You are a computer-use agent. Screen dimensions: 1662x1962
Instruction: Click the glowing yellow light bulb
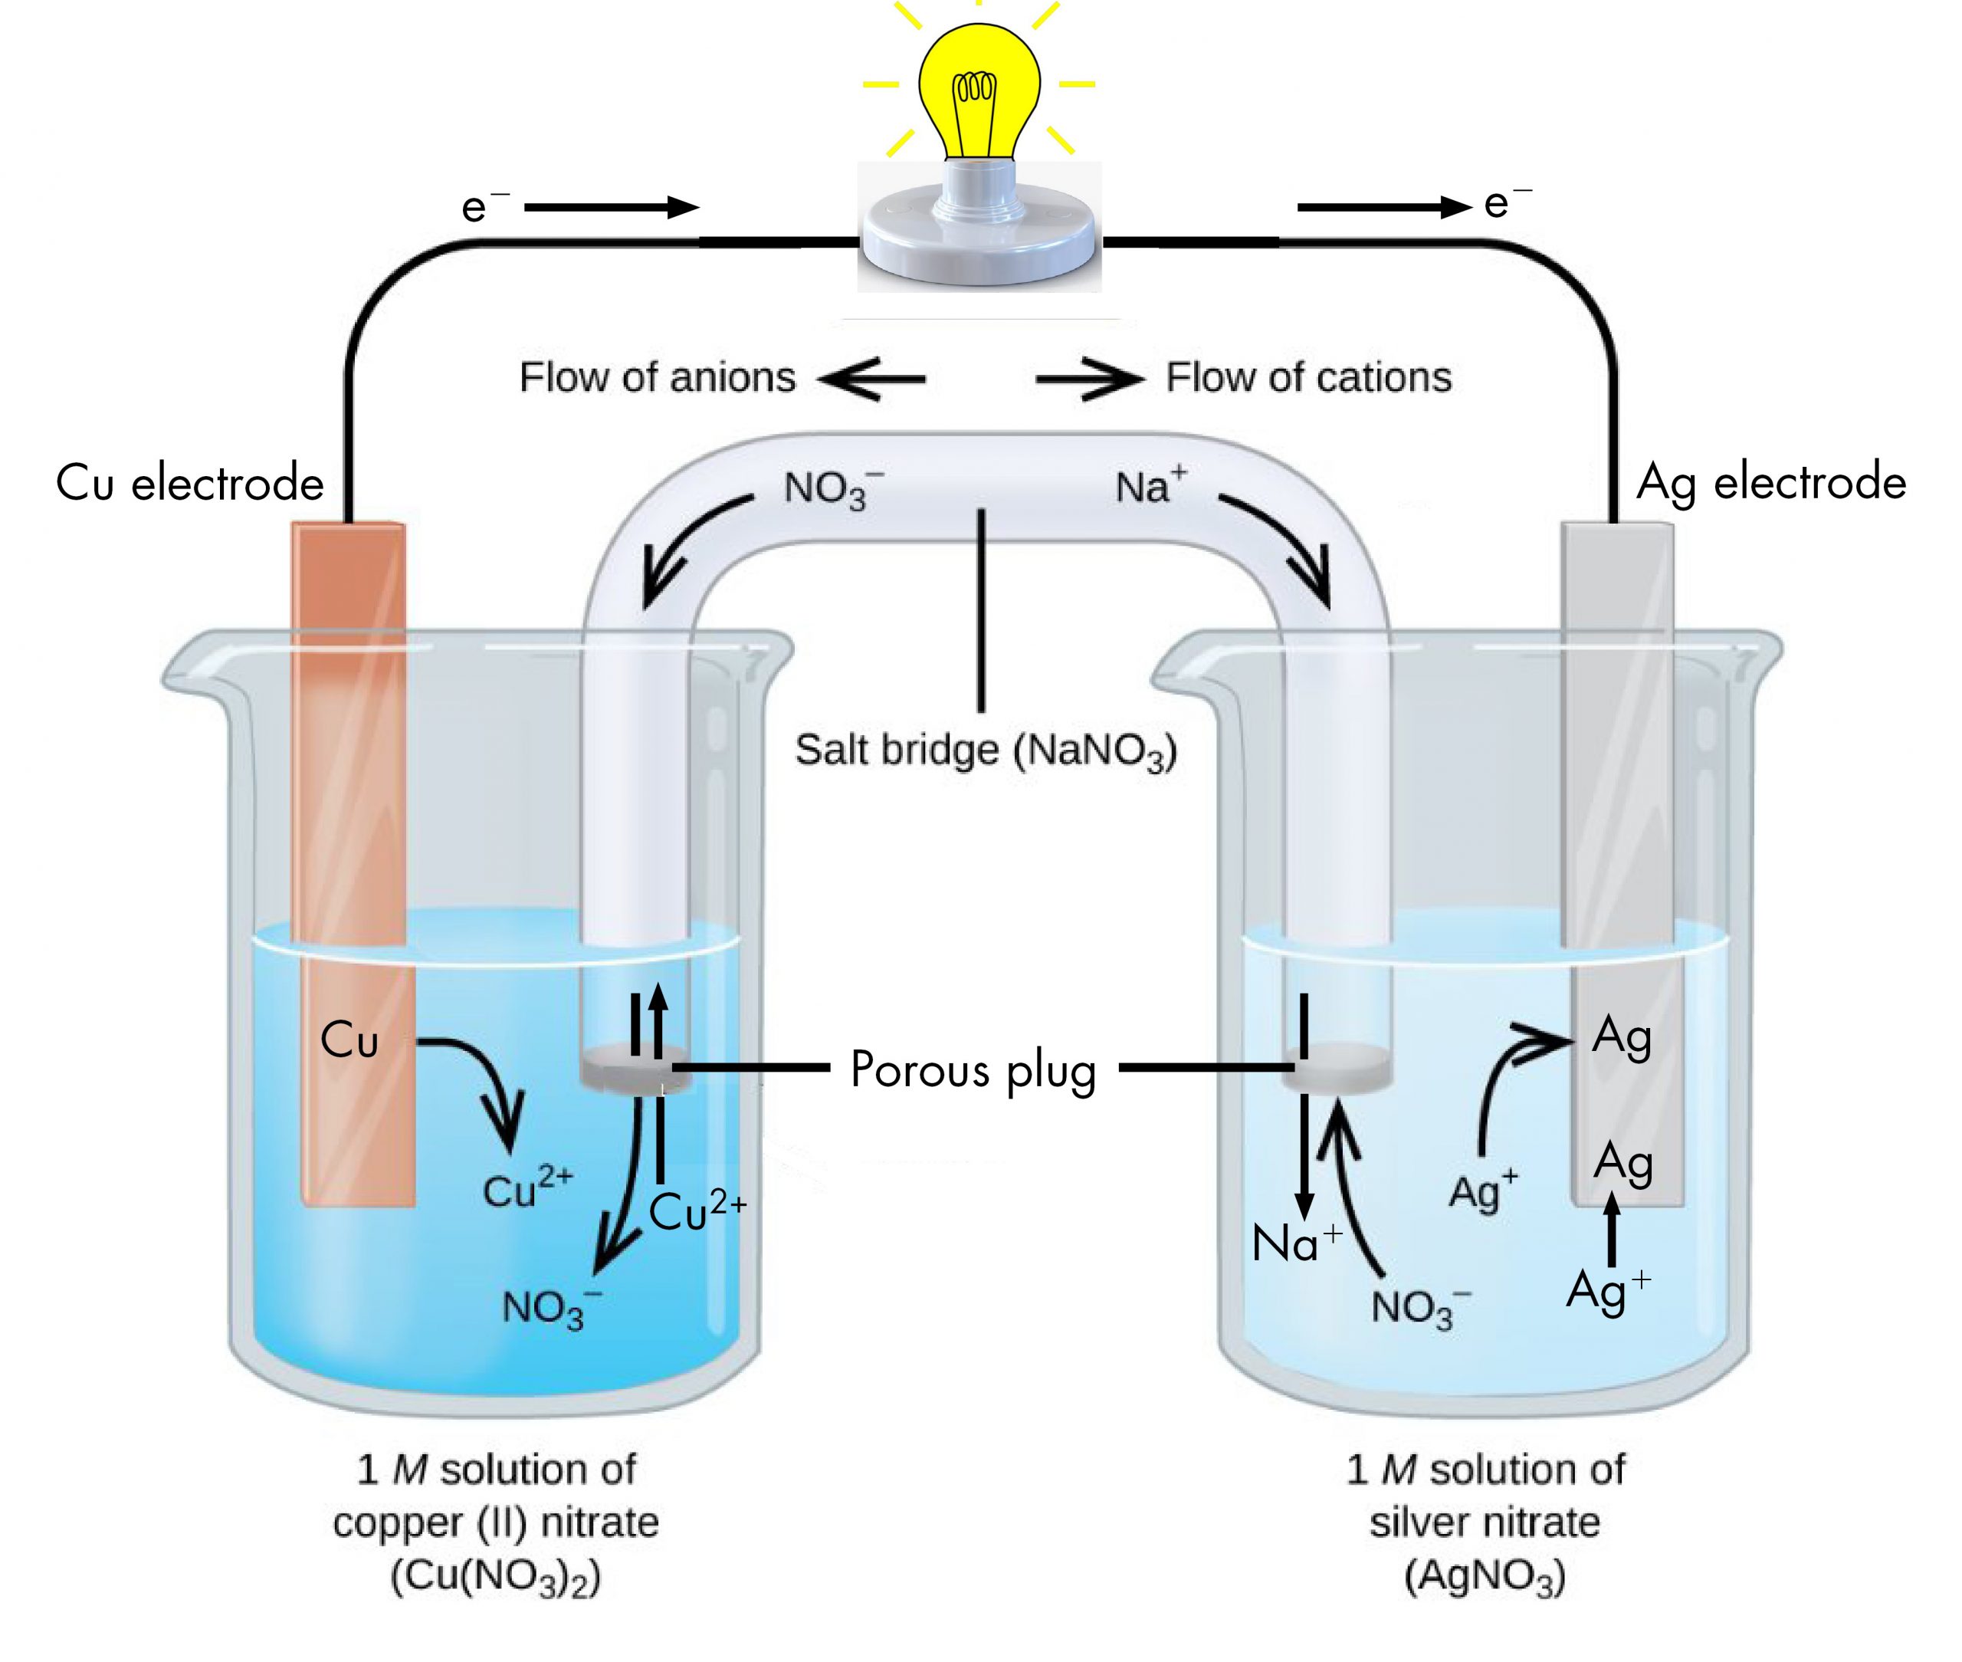click(x=979, y=90)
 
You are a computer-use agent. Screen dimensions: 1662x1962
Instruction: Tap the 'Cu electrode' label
click(x=189, y=483)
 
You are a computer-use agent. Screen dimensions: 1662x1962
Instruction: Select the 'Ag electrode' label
click(x=1771, y=482)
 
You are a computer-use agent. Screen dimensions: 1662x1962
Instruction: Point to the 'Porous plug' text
click(x=973, y=1070)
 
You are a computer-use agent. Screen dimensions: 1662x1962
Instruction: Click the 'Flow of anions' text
click(x=658, y=378)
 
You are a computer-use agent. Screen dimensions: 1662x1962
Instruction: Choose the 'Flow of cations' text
click(x=1308, y=378)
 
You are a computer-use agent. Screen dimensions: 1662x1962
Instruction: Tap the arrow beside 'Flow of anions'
click(x=871, y=379)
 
